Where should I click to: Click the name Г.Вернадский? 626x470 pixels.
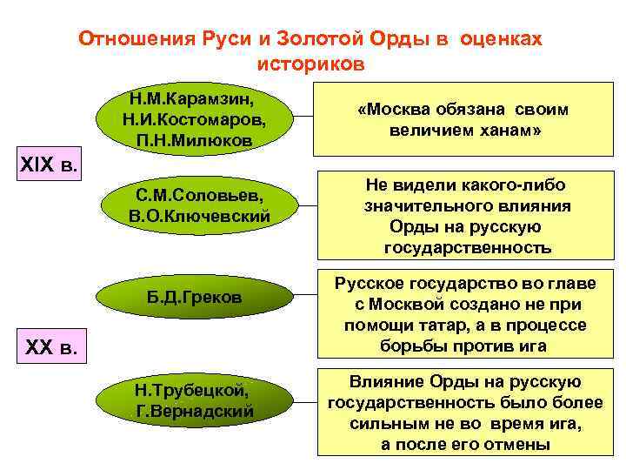(196, 411)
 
